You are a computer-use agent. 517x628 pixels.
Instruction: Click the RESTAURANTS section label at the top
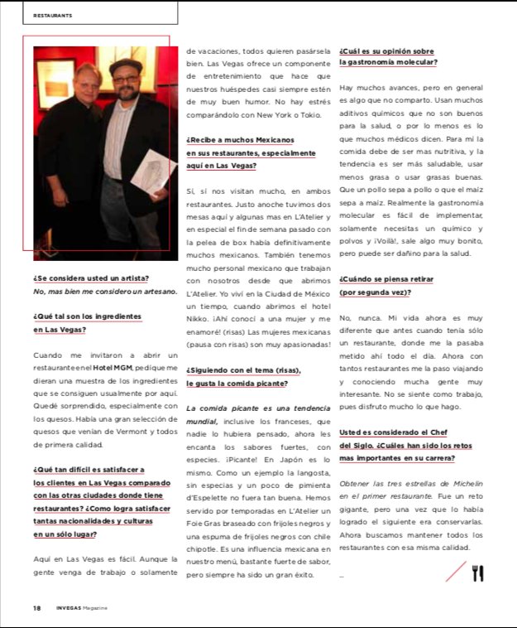click(x=52, y=15)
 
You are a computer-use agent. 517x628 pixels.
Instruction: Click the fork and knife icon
click(x=477, y=572)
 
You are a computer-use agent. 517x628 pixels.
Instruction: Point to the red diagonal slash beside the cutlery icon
click(x=456, y=571)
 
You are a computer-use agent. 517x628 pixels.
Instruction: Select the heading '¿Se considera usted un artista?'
click(x=91, y=278)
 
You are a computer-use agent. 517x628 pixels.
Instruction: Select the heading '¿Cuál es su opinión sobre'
click(x=386, y=51)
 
